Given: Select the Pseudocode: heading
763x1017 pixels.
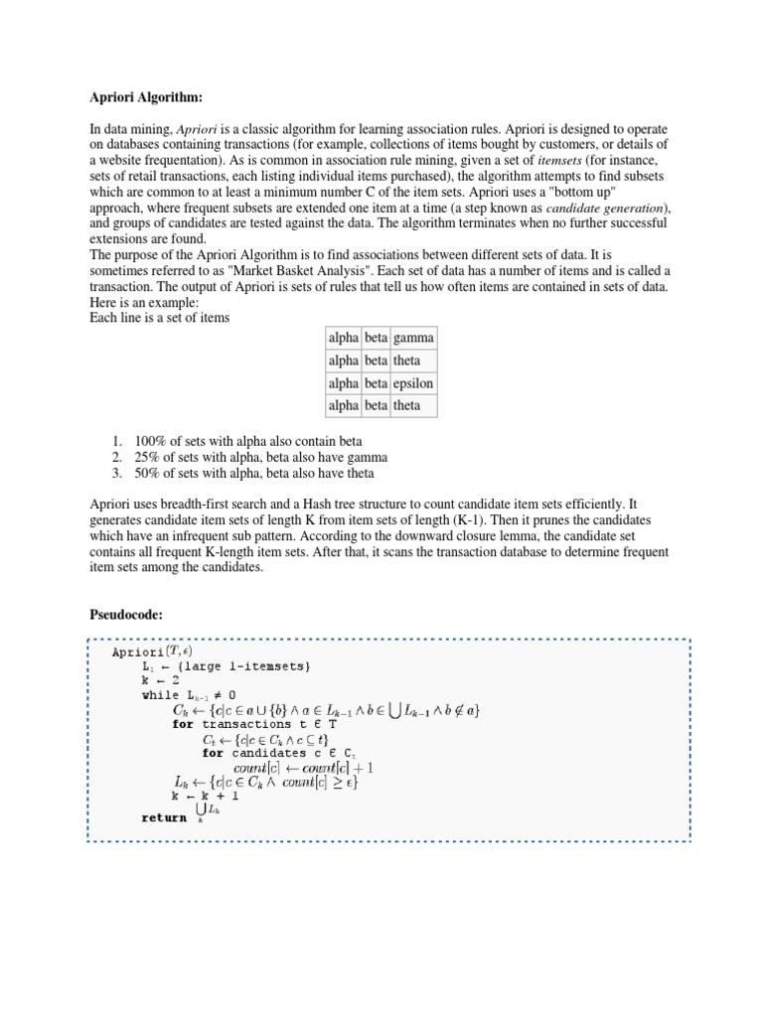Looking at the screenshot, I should [127, 615].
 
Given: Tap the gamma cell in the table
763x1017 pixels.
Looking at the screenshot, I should [412, 338].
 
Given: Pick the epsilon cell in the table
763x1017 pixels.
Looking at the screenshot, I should [412, 383].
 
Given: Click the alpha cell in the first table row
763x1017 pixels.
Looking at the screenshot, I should [343, 338].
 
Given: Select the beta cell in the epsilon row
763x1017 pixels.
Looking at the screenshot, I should [376, 383].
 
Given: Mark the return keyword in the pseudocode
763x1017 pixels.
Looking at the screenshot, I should [164, 817].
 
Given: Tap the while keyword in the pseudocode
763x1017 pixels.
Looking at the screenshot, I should [162, 695].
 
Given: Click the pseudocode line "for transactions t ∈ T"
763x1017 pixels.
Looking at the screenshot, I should [254, 724].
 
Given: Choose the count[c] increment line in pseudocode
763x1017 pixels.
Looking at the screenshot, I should [303, 767].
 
